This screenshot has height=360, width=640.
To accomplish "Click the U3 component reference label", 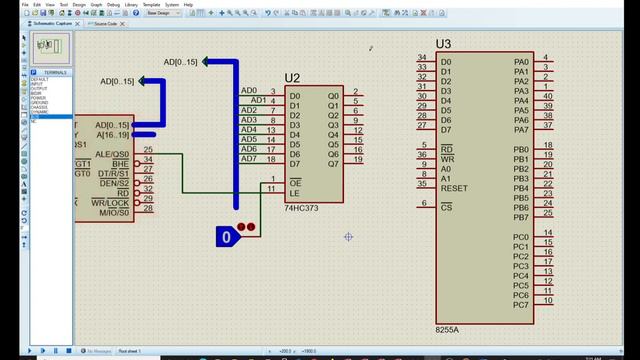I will click(444, 44).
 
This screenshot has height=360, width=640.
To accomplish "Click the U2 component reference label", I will click(292, 78).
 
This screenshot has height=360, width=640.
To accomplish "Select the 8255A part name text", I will click(449, 329).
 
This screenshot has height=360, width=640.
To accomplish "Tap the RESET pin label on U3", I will click(454, 188).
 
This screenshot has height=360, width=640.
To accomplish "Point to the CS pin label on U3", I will click(446, 207).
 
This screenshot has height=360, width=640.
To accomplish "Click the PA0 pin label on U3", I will click(520, 61).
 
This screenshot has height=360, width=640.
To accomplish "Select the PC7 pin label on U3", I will click(520, 304).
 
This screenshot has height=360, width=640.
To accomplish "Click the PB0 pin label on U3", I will click(520, 149).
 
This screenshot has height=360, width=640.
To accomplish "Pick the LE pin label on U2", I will click(294, 192).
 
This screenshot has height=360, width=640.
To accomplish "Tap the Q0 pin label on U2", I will click(333, 96).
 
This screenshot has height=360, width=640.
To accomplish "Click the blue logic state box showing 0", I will click(227, 237).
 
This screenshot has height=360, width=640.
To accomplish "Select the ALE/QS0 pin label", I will click(112, 154).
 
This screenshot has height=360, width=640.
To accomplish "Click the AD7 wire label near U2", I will click(249, 159).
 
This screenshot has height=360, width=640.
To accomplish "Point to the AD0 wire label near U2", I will click(249, 91).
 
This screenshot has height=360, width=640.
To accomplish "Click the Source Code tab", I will click(105, 22).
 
